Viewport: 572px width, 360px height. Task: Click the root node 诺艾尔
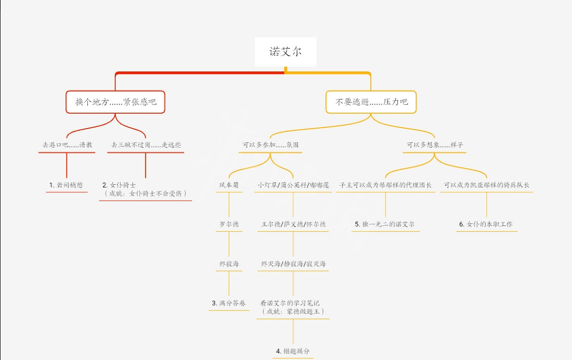285,52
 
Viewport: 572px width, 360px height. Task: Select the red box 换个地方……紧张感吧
115,102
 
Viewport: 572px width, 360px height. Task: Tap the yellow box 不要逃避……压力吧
371,102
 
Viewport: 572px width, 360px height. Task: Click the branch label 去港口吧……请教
67,145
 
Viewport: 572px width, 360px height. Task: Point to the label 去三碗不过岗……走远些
146,145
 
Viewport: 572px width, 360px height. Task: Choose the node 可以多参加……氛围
271,145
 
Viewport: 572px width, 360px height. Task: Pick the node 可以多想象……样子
435,145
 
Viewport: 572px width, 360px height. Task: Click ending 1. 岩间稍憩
66,185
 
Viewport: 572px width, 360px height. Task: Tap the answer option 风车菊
229,185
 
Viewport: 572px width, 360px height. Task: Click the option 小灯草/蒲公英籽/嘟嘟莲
293,185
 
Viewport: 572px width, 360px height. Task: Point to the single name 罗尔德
229,224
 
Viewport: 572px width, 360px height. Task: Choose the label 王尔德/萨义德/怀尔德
293,224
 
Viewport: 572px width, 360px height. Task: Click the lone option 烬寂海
229,264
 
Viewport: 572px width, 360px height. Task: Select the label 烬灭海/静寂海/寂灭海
293,264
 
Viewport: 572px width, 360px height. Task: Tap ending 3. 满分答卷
229,303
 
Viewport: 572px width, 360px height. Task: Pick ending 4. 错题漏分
293,351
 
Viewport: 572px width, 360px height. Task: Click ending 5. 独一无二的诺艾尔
385,224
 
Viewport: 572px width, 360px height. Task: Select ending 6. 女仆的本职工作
486,224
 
